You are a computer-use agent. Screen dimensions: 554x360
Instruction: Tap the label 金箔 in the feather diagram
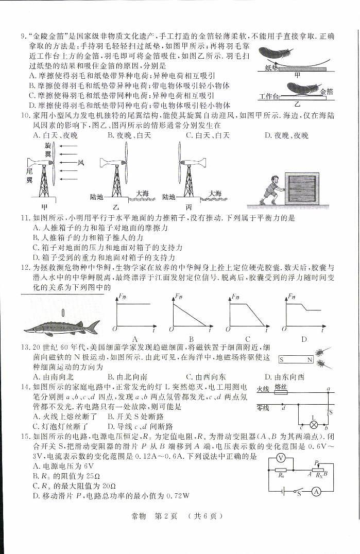coord(326,91)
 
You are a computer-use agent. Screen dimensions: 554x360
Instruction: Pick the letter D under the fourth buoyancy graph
coord(304,339)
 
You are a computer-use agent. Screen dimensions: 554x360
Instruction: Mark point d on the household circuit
coord(284,408)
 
